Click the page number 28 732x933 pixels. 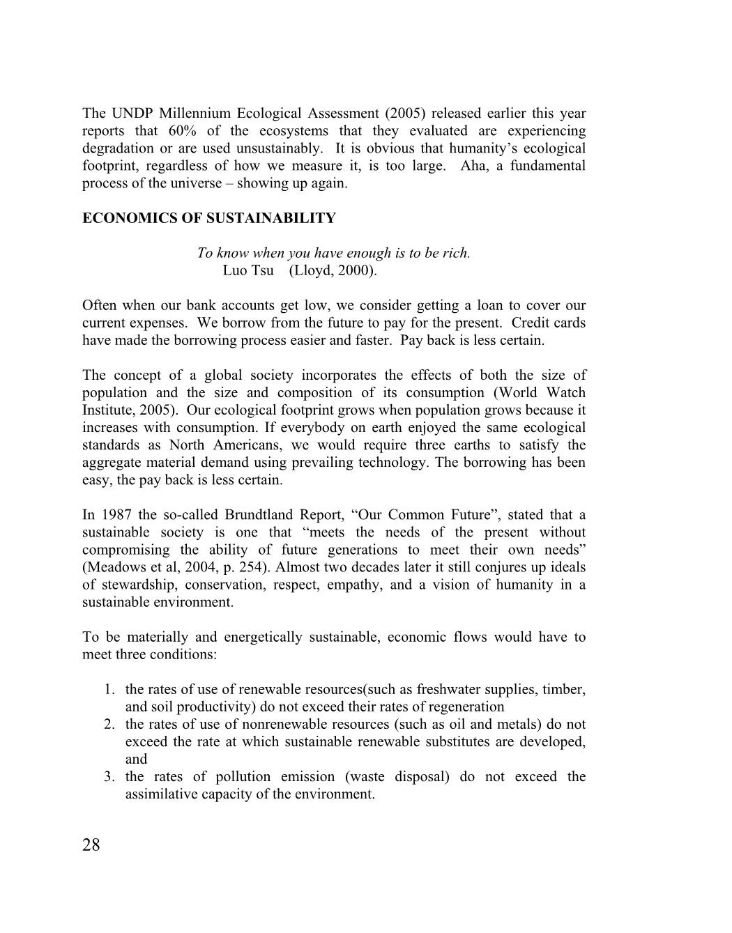click(91, 845)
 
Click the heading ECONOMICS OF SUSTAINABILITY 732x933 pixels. click(209, 218)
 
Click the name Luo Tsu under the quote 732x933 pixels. click(248, 270)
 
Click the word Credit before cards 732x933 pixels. click(533, 323)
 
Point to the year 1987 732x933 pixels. click(116, 515)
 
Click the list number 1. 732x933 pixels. click(109, 689)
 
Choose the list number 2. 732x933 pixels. click(109, 724)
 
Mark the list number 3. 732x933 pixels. click(109, 776)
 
